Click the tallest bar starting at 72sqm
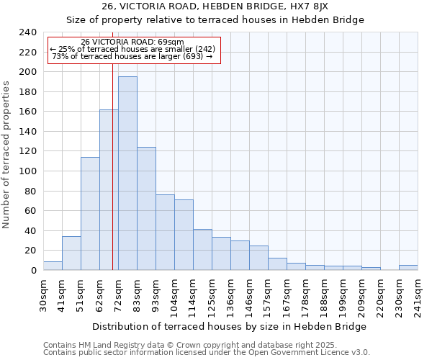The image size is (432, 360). pyautogui.click(x=127, y=173)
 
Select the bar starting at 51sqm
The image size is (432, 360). pyautogui.click(x=90, y=213)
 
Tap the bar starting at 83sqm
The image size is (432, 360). pyautogui.click(x=146, y=208)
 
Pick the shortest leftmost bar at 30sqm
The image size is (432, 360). pyautogui.click(x=53, y=266)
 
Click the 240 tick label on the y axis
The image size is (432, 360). pyautogui.click(x=28, y=32)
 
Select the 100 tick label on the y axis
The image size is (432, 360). pyautogui.click(x=28, y=72)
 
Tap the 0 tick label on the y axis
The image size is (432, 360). pyautogui.click(x=34, y=270)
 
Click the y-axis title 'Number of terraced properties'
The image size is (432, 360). pyautogui.click(x=6, y=154)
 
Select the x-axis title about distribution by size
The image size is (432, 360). pyautogui.click(x=230, y=326)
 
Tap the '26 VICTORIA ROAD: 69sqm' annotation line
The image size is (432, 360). pyautogui.click(x=132, y=42)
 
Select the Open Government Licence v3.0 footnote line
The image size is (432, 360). pyautogui.click(x=207, y=352)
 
